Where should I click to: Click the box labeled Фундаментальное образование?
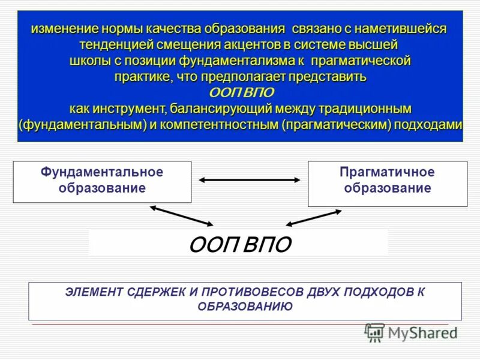102,181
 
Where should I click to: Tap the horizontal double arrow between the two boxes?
250,179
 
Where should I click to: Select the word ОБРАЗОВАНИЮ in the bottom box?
245,307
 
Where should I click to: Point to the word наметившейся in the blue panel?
400,29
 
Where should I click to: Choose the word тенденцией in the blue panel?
116,45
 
